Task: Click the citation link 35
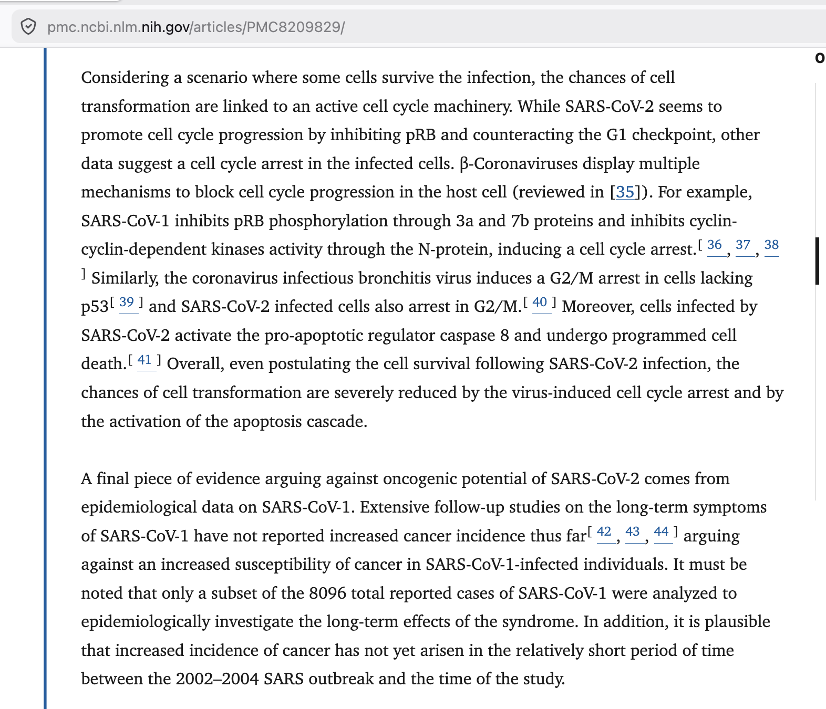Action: click(x=625, y=192)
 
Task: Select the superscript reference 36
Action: click(x=715, y=245)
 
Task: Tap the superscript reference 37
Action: click(x=743, y=245)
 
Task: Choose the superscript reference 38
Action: click(x=771, y=245)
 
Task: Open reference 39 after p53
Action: click(x=127, y=303)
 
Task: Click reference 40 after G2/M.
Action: click(x=540, y=303)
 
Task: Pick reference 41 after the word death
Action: click(x=144, y=360)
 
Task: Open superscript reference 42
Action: click(x=604, y=532)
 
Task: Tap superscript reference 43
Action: click(x=633, y=532)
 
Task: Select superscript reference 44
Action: click(x=661, y=532)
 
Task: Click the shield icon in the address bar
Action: click(x=28, y=26)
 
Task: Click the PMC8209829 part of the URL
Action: click(x=294, y=27)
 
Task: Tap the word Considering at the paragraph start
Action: click(x=125, y=78)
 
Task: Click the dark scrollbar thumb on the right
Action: click(x=817, y=261)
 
